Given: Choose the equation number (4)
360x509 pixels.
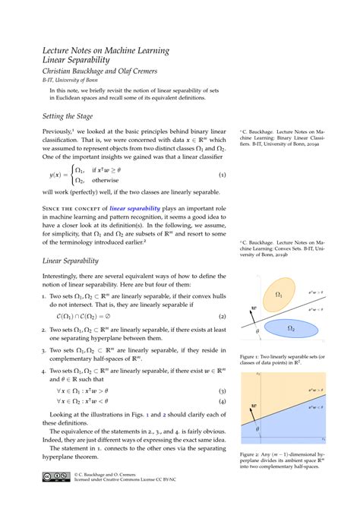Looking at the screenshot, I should pyautogui.click(x=222, y=401).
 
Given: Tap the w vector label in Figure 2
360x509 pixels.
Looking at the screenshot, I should pyautogui.click(x=253, y=406).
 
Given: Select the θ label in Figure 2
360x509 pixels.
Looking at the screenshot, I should pyautogui.click(x=257, y=430).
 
